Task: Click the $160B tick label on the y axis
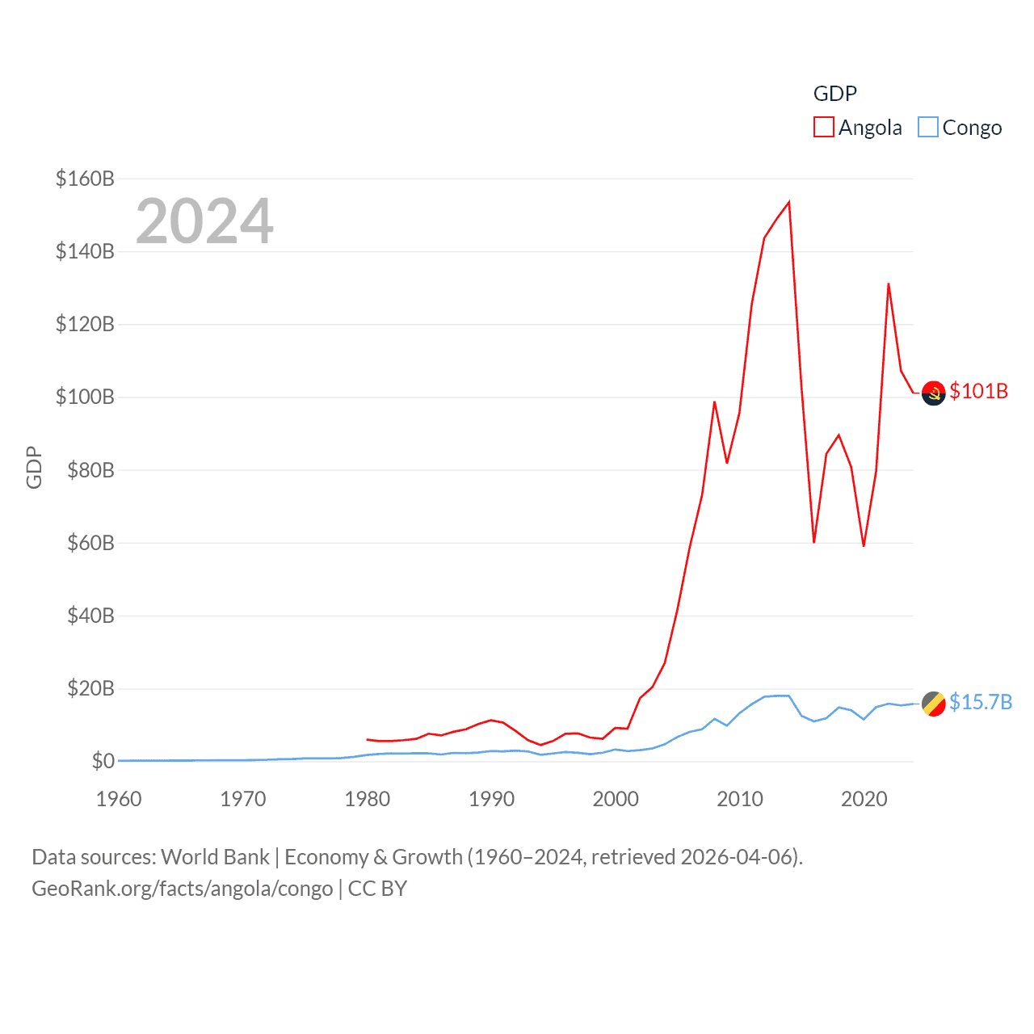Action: [x=85, y=179]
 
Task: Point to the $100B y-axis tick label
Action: [x=85, y=397]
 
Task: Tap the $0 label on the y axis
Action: [x=103, y=761]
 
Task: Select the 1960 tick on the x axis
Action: [x=119, y=799]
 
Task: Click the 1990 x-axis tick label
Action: [x=491, y=799]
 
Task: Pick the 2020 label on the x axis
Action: [x=864, y=799]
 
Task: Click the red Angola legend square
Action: [x=823, y=128]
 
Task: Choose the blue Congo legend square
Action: [x=928, y=128]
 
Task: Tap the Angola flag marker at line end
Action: [x=933, y=393]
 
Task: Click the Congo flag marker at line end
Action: [x=933, y=704]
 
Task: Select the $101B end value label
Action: [x=979, y=391]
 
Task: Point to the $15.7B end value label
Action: [x=981, y=702]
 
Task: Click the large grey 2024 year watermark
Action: [x=204, y=221]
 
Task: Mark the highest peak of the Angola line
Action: [x=788, y=202]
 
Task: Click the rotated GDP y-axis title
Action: [x=34, y=467]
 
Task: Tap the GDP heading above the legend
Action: [x=834, y=94]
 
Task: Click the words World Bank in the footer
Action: [x=215, y=857]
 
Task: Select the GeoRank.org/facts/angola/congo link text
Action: [x=182, y=889]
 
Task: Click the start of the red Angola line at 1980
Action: [x=368, y=739]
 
